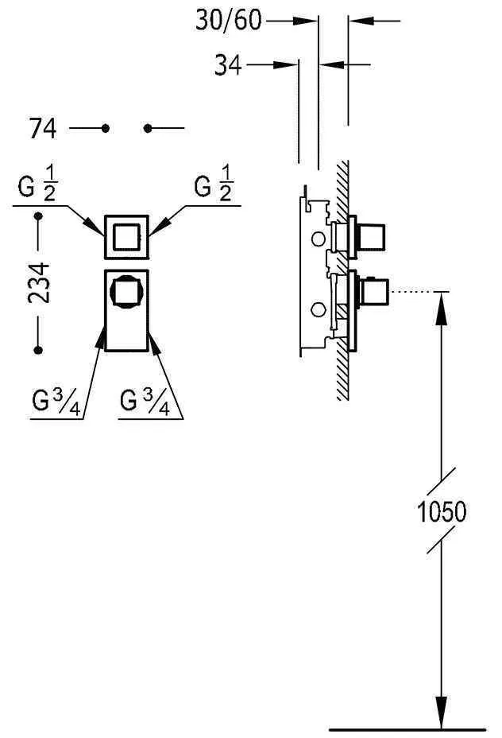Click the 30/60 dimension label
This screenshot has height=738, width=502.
[228, 20]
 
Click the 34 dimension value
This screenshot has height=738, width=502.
[228, 65]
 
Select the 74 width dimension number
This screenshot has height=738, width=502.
[43, 128]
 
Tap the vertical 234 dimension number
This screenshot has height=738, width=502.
[39, 283]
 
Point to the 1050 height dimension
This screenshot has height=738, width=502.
[442, 511]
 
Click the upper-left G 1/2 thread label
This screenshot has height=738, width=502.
[37, 184]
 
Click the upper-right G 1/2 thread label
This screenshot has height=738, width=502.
[214, 184]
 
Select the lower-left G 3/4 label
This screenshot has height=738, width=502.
[56, 401]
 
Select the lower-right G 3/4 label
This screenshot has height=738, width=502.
[145, 401]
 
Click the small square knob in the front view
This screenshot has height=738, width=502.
[127, 237]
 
